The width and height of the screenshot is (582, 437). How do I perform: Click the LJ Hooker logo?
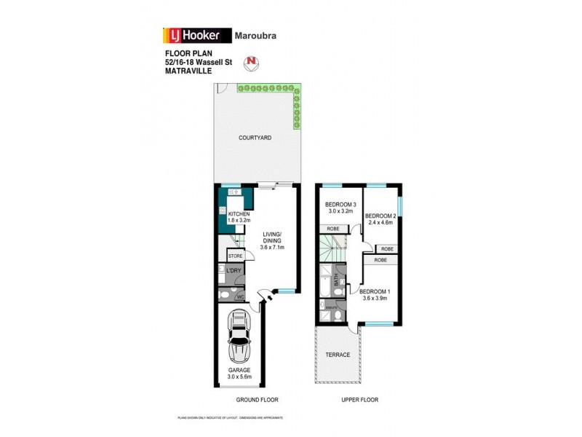click(x=195, y=35)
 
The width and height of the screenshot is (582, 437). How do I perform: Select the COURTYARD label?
click(x=255, y=137)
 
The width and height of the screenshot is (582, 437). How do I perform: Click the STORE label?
click(x=235, y=256)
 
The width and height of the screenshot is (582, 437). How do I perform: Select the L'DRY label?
click(x=234, y=271)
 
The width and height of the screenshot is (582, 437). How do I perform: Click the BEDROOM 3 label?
click(x=340, y=205)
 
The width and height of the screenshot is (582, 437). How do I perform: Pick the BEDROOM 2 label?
click(x=379, y=216)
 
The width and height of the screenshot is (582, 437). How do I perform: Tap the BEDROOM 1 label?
click(x=375, y=293)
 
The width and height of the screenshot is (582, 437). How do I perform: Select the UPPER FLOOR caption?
click(x=360, y=400)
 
